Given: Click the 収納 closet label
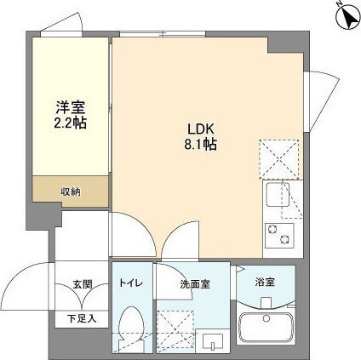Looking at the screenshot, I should coord(71,191).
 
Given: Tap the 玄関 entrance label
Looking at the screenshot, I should coord(83,284).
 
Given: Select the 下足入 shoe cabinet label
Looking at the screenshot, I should coord(83,318).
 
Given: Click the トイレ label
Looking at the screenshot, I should coord(131,283).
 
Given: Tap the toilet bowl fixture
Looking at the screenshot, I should coord(131,328).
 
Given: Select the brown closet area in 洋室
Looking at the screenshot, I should coord(71,191).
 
